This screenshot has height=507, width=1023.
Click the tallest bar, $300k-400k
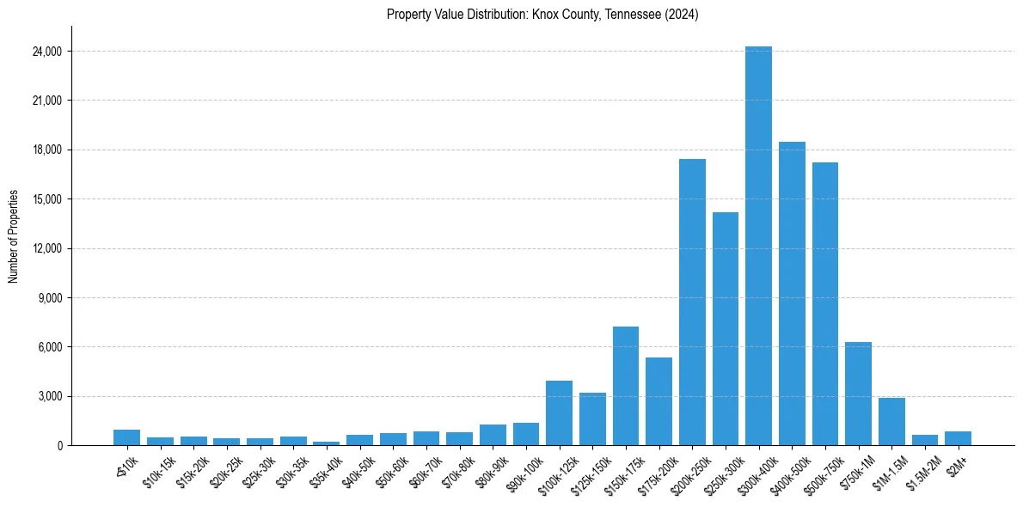(758, 249)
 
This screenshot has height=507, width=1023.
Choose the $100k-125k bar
(559, 413)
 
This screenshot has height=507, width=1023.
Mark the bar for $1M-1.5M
(891, 422)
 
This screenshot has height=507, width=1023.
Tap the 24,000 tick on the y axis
(46, 52)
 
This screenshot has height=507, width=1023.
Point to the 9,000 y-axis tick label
(49, 298)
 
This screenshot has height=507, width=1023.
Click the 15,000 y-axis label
(46, 199)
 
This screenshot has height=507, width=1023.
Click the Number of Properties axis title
(14, 236)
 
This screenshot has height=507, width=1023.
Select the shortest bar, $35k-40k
(326, 443)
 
